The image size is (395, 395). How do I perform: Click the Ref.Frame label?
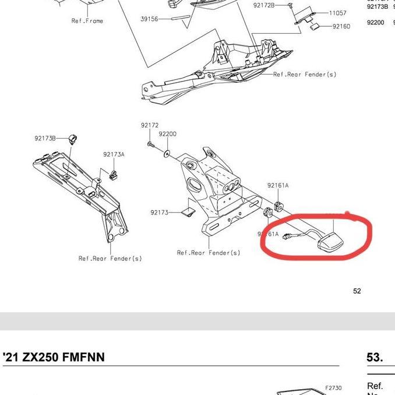click(87, 21)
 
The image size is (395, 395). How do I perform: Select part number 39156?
click(149, 19)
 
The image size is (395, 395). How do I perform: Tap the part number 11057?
click(337, 13)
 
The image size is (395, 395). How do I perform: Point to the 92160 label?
click(341, 27)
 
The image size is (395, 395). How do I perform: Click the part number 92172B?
click(264, 5)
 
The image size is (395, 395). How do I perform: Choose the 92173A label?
click(114, 154)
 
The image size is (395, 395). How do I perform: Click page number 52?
click(357, 291)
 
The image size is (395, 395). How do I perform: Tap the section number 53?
click(375, 357)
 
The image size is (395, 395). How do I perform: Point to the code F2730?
click(333, 387)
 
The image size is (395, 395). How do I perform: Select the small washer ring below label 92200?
click(167, 154)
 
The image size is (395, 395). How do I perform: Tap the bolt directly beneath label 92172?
click(150, 143)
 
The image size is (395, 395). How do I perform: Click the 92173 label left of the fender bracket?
click(158, 213)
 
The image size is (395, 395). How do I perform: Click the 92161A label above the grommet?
click(278, 185)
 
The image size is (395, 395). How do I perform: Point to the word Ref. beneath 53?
click(375, 386)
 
